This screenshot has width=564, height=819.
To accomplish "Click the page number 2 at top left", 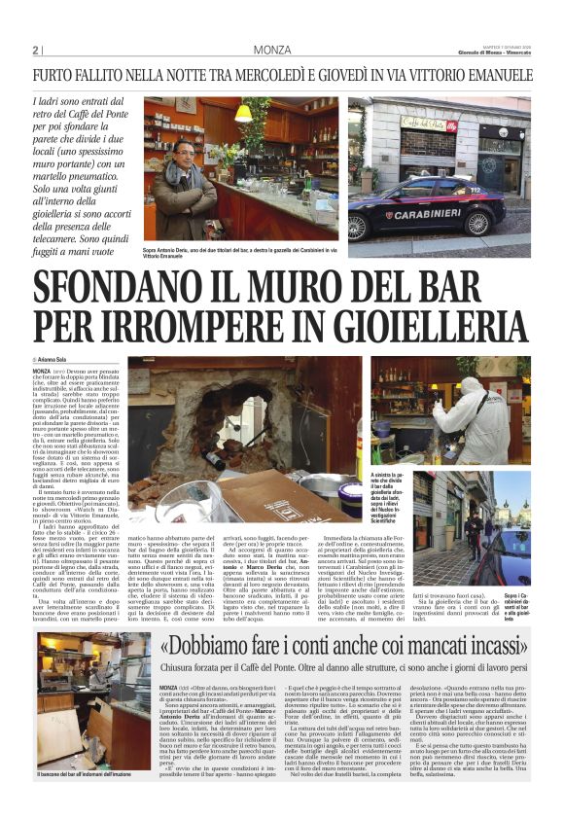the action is pos(37,50).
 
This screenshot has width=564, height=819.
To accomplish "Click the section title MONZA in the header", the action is pos(272,50).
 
